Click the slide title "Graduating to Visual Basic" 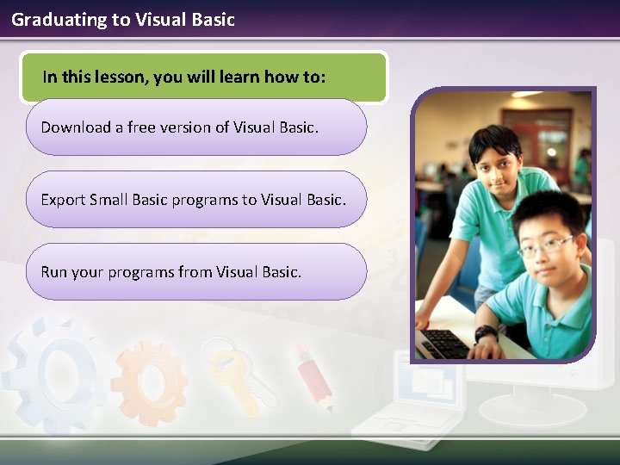click(x=123, y=19)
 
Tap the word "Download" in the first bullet click(x=76, y=127)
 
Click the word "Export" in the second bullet click(x=63, y=200)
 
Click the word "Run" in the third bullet click(x=53, y=272)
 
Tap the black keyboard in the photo click(x=443, y=342)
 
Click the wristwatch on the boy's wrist click(x=486, y=332)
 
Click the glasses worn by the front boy click(x=546, y=245)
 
